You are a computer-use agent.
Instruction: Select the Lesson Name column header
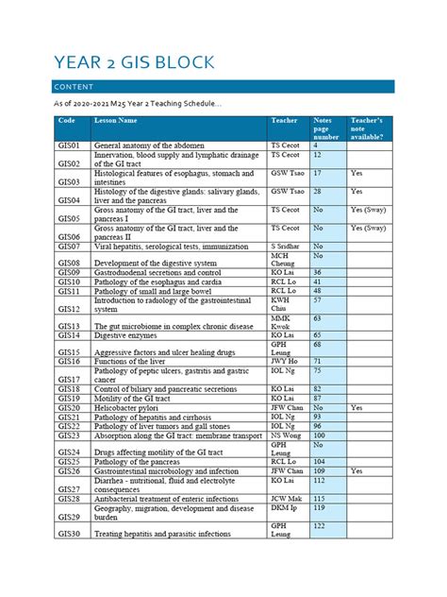[115, 121]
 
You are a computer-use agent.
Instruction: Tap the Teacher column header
[284, 121]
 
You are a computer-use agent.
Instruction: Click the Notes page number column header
[323, 128]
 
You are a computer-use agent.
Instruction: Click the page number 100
[321, 435]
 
